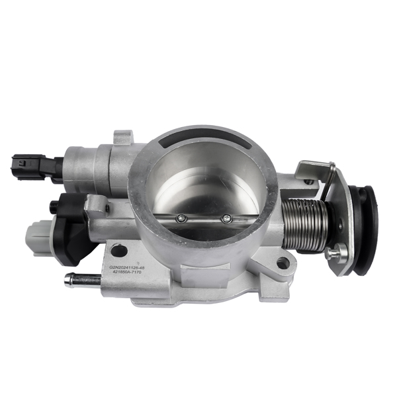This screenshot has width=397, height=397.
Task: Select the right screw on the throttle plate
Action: click(x=227, y=219)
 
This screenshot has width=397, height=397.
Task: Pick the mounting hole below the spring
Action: click(x=283, y=263)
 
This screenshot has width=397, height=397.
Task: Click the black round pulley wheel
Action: click(x=365, y=228)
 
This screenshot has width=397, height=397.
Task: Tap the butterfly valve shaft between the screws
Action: click(x=204, y=220)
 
